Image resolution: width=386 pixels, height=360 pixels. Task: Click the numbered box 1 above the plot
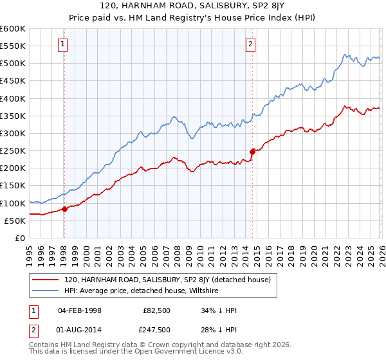point(64,44)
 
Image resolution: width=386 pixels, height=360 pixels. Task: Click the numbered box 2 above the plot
point(250,44)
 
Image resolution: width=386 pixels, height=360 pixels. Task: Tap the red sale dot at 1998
point(64,209)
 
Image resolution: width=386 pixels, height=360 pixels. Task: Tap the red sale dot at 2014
point(252,152)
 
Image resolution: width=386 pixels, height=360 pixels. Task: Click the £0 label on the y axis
point(19,239)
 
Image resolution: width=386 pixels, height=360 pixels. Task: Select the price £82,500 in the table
point(156,310)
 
